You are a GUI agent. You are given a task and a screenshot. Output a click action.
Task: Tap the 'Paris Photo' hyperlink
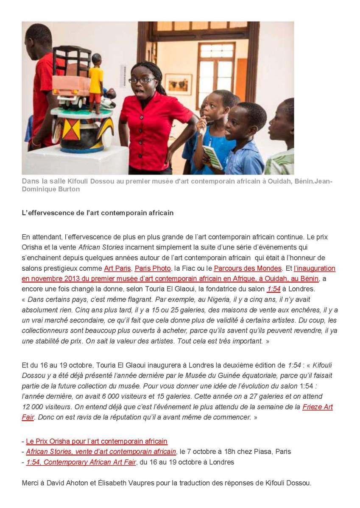coord(153,269)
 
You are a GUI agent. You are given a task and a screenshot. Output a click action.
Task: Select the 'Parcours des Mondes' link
coord(248,269)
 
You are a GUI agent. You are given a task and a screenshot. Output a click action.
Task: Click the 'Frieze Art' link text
coord(317,407)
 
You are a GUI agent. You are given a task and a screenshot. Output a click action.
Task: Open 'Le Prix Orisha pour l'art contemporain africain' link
coord(97,441)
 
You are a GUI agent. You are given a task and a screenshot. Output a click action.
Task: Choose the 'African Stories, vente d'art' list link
coord(101,452)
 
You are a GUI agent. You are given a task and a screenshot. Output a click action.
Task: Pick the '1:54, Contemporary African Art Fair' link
coord(81,462)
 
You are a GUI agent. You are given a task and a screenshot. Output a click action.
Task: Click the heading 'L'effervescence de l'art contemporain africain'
coord(98,213)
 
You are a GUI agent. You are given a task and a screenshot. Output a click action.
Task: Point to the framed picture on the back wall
coord(178,84)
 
